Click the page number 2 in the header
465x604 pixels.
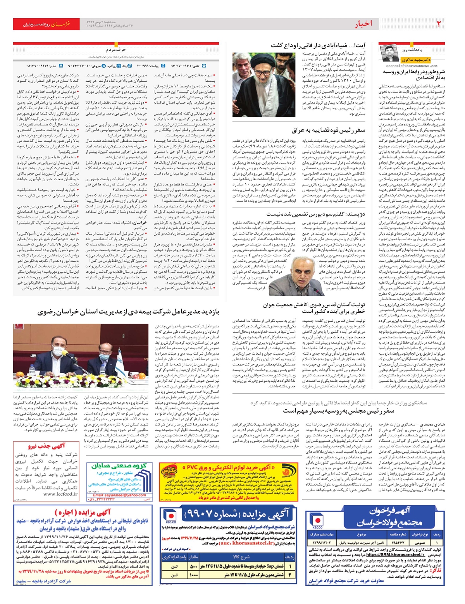click(439, 24)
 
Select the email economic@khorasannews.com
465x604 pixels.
click(412, 66)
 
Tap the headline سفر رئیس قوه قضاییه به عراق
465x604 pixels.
click(328, 130)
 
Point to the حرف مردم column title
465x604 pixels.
click(116, 50)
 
